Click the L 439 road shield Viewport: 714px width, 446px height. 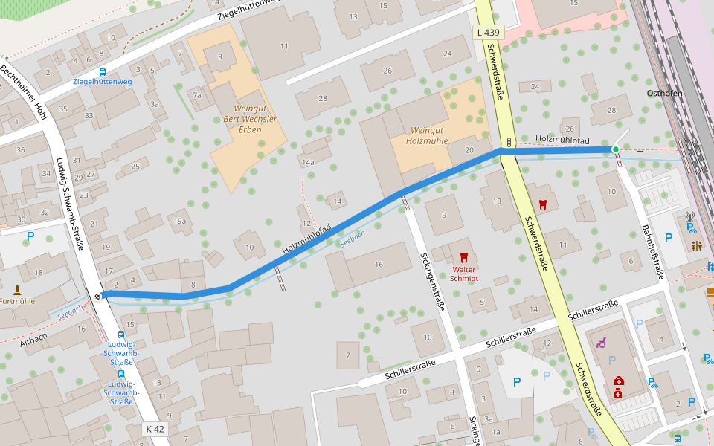(489, 33)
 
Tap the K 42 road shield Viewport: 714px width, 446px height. (155, 429)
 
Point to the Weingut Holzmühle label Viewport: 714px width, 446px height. (427, 135)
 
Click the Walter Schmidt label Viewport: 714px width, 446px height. (464, 274)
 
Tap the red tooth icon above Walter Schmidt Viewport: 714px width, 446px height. (465, 256)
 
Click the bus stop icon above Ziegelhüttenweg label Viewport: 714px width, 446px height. (102, 72)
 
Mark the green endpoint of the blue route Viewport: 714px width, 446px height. (615, 149)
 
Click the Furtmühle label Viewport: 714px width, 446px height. (17, 302)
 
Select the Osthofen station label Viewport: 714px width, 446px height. (664, 93)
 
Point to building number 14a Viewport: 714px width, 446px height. (308, 162)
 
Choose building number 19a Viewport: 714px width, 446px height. (179, 221)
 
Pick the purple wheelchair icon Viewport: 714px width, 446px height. (601, 343)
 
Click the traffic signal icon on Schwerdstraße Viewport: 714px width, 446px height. (509, 141)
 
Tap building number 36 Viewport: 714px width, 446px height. (21, 150)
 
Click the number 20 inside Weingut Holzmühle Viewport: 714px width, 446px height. (469, 150)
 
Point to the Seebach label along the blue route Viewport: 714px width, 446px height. (352, 237)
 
